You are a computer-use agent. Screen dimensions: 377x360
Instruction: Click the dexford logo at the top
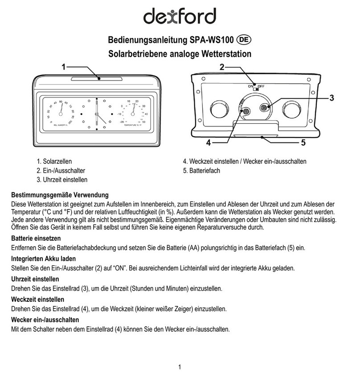click(180, 16)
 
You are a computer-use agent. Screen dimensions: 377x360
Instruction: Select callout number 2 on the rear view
click(222, 67)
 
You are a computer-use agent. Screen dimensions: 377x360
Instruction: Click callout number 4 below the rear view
click(208, 143)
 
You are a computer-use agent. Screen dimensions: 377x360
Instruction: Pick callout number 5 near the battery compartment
click(303, 143)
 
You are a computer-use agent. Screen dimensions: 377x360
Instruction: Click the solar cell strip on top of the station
click(97, 79)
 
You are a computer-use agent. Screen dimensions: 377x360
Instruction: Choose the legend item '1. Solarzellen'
click(54, 162)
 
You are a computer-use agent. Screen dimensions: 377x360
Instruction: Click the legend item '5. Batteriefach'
click(201, 170)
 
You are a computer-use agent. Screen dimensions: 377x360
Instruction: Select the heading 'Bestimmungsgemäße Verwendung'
click(60, 195)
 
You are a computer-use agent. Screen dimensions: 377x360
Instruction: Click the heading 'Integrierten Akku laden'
click(43, 259)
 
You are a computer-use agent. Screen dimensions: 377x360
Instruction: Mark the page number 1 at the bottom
click(180, 367)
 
